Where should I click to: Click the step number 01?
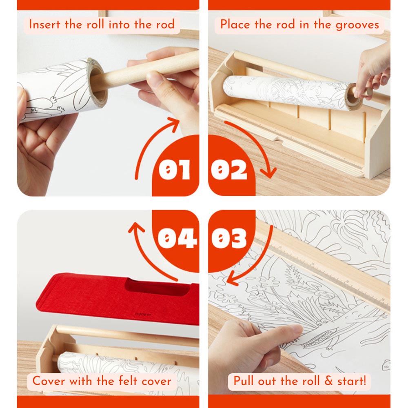click(x=174, y=169)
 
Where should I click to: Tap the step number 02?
click(x=229, y=169)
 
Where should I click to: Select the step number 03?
click(x=229, y=237)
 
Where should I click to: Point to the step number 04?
click(x=177, y=237)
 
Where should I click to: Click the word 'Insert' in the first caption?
click(x=44, y=24)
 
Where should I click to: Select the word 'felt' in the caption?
click(x=127, y=381)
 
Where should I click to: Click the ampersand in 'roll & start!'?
click(x=328, y=381)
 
